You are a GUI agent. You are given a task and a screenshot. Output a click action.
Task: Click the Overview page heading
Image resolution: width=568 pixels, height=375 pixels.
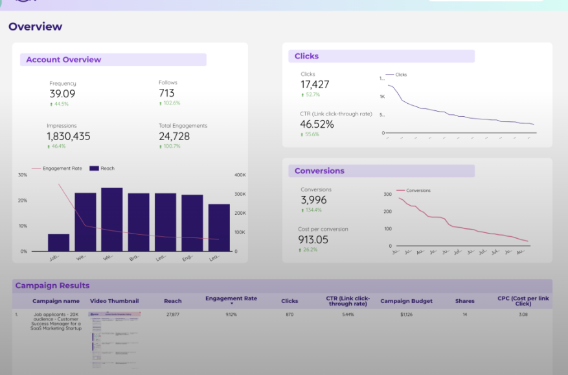coord(36,27)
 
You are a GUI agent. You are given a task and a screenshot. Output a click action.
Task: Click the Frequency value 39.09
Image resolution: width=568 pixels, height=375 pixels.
coord(62,94)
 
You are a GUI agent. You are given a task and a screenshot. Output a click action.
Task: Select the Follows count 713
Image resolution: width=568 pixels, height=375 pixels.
coord(166,93)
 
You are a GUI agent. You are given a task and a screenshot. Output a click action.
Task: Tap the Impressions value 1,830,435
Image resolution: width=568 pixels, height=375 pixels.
coord(69,136)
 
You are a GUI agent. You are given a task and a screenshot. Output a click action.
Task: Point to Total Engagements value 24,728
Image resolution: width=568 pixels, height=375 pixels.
coord(174,136)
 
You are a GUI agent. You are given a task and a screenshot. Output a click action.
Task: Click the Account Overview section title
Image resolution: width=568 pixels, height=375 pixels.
coord(63,60)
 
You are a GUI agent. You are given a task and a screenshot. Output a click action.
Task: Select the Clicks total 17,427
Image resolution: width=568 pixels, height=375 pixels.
coord(315,84)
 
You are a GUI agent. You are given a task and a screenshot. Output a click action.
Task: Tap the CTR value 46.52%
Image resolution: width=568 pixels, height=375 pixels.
coord(317,124)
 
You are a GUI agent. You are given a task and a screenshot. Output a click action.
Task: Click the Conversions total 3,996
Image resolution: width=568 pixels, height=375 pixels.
coord(313,200)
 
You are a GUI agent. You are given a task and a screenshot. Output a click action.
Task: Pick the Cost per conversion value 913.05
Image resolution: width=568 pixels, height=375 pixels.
coord(314,239)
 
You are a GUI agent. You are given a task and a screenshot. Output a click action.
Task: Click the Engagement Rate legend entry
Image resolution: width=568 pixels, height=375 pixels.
coord(62,168)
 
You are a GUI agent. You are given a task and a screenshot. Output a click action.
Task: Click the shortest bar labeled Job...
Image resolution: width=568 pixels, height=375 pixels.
coord(58,243)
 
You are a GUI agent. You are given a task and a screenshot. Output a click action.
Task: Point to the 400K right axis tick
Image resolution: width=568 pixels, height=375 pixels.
coord(240,175)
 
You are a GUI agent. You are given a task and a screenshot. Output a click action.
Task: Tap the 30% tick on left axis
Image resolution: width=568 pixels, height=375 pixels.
coord(23,175)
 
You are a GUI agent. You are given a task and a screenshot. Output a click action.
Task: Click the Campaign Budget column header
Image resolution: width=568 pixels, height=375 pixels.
coord(406,301)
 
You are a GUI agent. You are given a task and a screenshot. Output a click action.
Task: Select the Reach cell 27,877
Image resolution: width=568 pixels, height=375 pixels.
coord(173,314)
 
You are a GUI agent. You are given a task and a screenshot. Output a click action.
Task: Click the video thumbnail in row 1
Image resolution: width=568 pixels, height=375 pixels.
coord(115,340)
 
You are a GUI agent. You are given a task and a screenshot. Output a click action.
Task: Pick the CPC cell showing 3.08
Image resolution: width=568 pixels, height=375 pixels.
coord(523,314)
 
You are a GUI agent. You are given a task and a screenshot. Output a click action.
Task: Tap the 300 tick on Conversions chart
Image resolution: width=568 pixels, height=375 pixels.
coord(387,194)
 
